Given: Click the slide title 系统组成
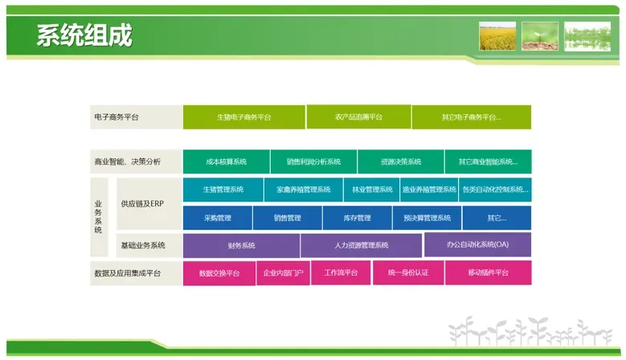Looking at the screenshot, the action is pyautogui.click(x=84, y=36).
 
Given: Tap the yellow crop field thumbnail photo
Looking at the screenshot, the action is pyautogui.click(x=497, y=36).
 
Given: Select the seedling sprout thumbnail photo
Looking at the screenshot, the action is pyautogui.click(x=540, y=36).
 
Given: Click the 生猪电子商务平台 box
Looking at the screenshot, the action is pyautogui.click(x=243, y=117).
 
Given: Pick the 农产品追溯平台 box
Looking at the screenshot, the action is pyautogui.click(x=358, y=117).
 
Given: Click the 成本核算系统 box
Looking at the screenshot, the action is pyautogui.click(x=226, y=162).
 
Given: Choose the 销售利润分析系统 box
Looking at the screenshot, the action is pyautogui.click(x=313, y=162).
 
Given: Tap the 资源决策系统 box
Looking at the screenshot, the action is pyautogui.click(x=401, y=162).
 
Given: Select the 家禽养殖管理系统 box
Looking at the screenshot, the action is pyautogui.click(x=303, y=190).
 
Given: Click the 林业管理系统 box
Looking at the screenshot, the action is pyautogui.click(x=370, y=190).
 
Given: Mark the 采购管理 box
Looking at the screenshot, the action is pyautogui.click(x=217, y=218).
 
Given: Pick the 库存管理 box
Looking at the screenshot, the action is pyautogui.click(x=358, y=218).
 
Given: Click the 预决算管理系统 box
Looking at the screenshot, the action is pyautogui.click(x=427, y=218).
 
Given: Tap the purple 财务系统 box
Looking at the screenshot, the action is pyautogui.click(x=241, y=245).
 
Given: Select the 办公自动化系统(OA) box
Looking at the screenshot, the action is pyautogui.click(x=477, y=244).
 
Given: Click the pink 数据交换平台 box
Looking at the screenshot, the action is pyautogui.click(x=219, y=273).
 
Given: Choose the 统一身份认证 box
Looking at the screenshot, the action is pyautogui.click(x=407, y=273).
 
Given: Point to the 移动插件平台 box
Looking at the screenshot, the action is pyautogui.click(x=488, y=273).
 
